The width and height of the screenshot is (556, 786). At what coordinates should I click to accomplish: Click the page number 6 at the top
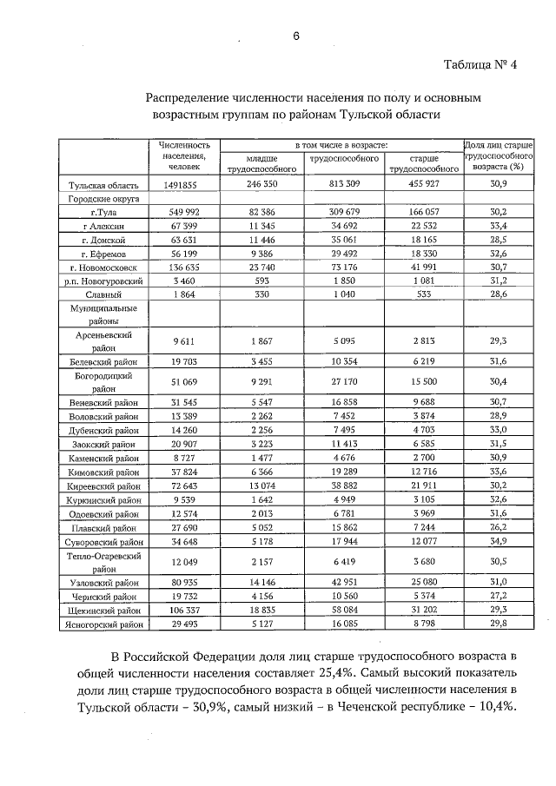tap(295, 36)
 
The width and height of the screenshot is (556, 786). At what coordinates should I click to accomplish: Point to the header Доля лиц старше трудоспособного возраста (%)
tap(499, 154)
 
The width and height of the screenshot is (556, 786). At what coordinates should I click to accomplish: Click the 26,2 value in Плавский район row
tap(498, 527)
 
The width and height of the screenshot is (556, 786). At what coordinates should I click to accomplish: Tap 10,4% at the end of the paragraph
tap(497, 728)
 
